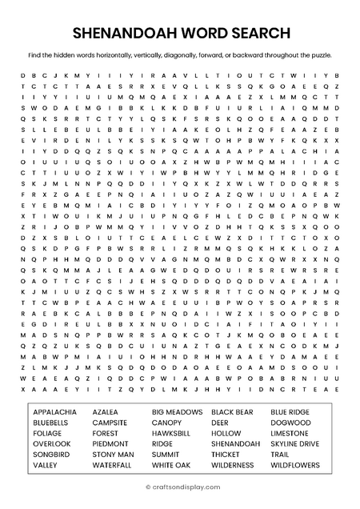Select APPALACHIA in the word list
[56, 411]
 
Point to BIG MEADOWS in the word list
[177, 411]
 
